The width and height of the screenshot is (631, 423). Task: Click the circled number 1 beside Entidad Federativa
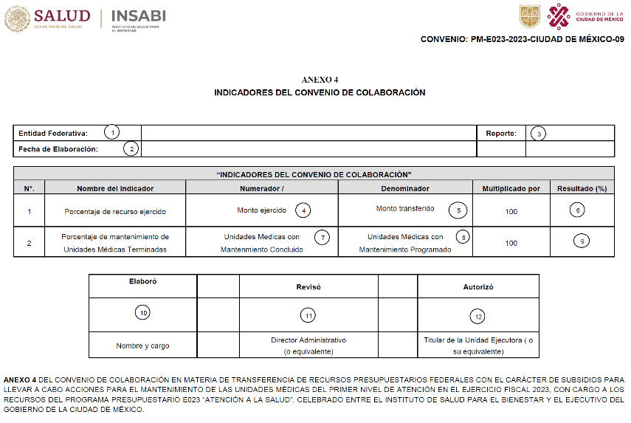(111, 133)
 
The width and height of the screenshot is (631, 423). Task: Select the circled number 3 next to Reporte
(539, 134)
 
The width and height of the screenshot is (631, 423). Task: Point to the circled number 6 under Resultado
(579, 210)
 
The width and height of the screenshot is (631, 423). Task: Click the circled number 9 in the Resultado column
(582, 241)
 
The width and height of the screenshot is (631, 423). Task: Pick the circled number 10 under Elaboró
(142, 313)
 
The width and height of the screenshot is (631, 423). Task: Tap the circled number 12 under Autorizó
(478, 316)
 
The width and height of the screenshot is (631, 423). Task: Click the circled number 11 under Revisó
(308, 315)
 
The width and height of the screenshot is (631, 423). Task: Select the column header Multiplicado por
(511, 189)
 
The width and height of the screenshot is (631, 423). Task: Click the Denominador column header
(405, 189)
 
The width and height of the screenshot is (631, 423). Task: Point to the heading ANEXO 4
(320, 79)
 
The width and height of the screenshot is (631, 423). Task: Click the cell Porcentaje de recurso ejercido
(114, 211)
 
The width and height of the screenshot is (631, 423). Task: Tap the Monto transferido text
(405, 209)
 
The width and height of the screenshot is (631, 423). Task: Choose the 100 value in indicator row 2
(511, 243)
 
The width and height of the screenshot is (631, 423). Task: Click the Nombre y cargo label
(142, 345)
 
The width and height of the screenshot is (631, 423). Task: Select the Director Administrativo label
(308, 340)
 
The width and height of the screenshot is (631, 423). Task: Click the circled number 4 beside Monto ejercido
(303, 210)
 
